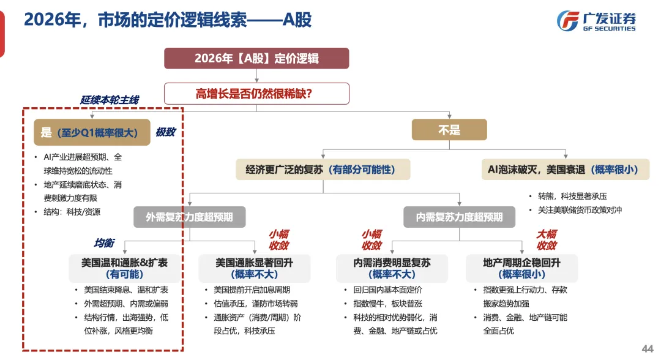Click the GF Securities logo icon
[x=567, y=21]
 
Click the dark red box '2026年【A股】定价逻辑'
[x=256, y=59]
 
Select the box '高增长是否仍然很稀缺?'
[x=256, y=94]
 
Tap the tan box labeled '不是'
[x=449, y=130]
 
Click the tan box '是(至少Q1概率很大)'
[x=92, y=132]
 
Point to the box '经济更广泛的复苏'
[x=323, y=170]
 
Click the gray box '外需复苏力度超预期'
[x=190, y=217]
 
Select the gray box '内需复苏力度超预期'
[x=459, y=217]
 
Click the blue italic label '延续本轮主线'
[x=110, y=100]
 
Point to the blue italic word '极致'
[x=165, y=132]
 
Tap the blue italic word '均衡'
[x=104, y=243]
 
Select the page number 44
[x=647, y=348]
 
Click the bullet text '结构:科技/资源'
[x=72, y=212]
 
